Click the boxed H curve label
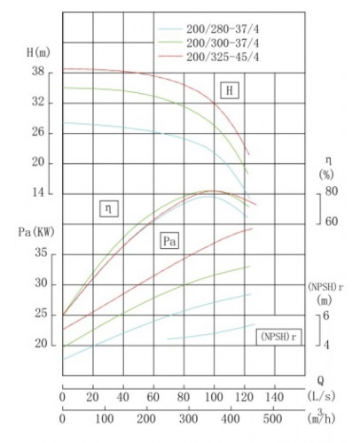[231, 90]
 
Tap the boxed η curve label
[107, 210]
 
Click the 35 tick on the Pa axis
[40, 253]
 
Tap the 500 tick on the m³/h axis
[273, 418]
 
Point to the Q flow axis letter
[319, 377]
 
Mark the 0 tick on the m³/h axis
[62, 418]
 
